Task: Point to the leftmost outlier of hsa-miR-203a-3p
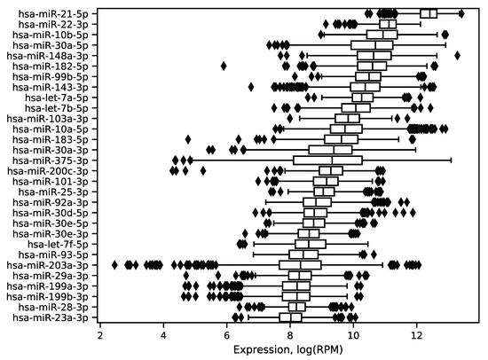coord(115,264)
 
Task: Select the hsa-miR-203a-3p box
coord(300,264)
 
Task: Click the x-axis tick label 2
coord(100,336)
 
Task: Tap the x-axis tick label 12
coord(417,336)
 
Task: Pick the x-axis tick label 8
coord(290,336)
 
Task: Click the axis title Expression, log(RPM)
coord(290,350)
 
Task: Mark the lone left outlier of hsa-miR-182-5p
coord(224,66)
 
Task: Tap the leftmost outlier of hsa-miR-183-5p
coord(188,139)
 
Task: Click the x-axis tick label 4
coord(163,336)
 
